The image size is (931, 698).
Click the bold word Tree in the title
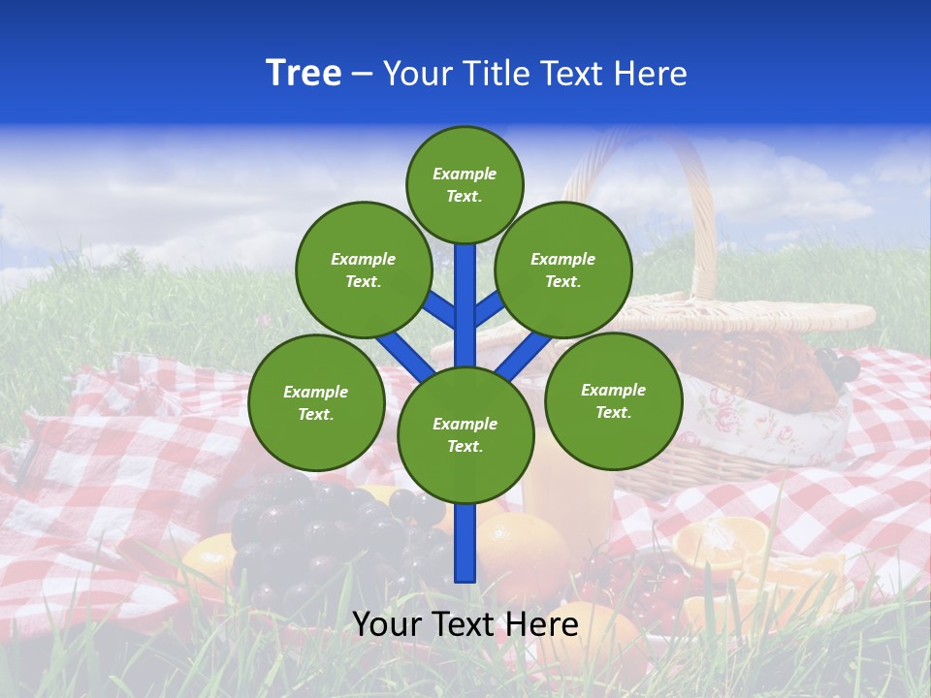pos(304,73)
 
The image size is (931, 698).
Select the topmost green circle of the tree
pos(465,184)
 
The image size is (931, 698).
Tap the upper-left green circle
pos(364,270)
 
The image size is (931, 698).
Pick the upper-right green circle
pos(563,270)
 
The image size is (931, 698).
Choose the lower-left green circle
pos(316,402)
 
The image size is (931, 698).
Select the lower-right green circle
pos(613,400)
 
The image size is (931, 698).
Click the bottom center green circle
pos(465,435)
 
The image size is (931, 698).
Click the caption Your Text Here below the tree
pos(465,624)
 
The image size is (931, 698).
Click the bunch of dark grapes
pos(310,528)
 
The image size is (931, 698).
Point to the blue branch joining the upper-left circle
pos(438,309)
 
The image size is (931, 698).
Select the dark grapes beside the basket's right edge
pos(838,365)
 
